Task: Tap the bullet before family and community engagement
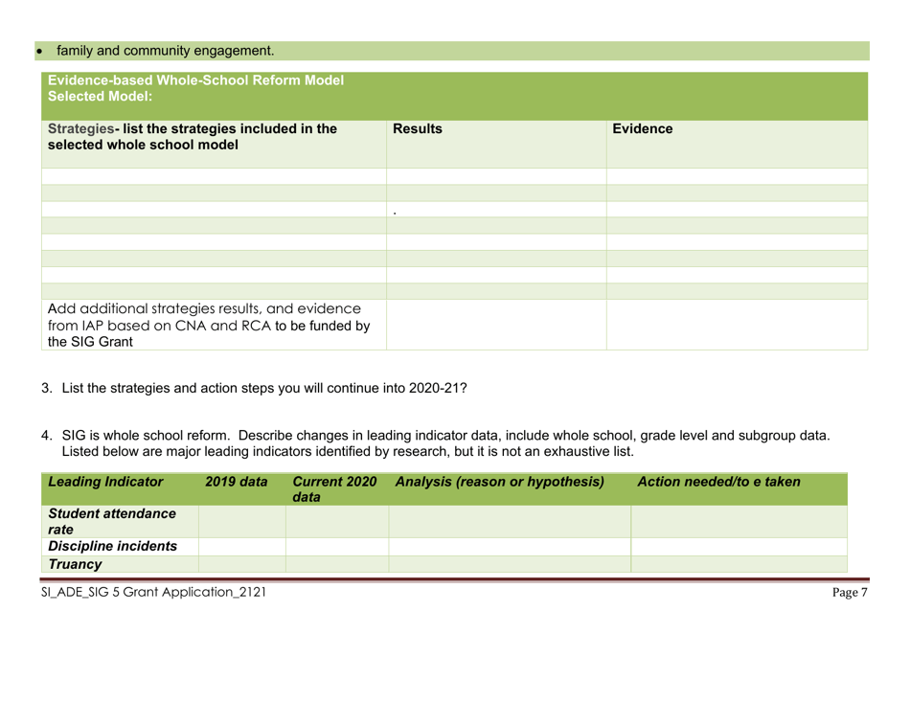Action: click(13, 49)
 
